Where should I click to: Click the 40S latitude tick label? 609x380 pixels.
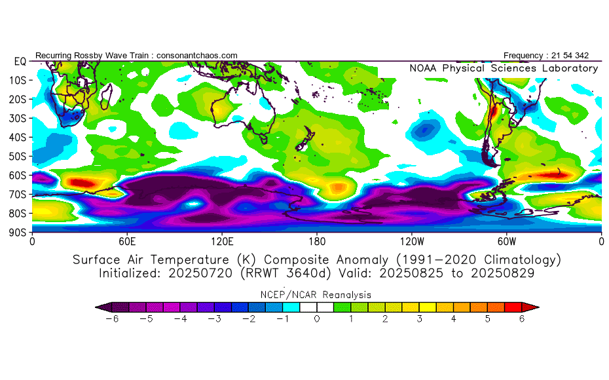(18, 137)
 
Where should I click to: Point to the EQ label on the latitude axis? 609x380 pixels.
(20, 62)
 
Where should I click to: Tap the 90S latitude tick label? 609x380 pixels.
(18, 233)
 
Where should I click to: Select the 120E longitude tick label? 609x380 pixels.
(222, 242)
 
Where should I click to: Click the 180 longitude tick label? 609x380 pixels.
(317, 242)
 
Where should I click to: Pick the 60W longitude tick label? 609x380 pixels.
(506, 242)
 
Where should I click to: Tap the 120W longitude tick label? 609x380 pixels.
(412, 242)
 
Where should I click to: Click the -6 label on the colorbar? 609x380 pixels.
(112, 319)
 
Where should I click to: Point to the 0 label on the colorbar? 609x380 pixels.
(317, 319)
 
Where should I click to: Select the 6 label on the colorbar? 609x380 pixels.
(522, 319)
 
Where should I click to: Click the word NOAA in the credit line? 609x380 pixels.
(423, 68)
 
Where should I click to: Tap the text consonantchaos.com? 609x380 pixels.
(197, 56)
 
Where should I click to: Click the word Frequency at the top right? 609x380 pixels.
(523, 56)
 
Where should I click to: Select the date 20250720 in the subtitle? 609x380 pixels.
(200, 273)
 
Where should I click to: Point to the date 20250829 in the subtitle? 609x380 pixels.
(502, 273)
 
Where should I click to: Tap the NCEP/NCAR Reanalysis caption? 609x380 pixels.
(316, 295)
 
